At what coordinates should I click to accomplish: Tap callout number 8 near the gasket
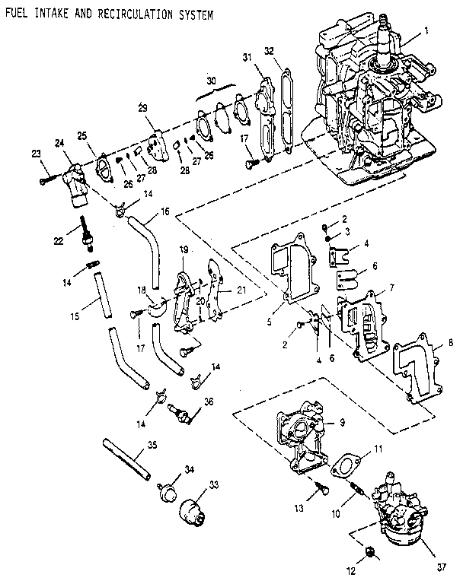(452, 342)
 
